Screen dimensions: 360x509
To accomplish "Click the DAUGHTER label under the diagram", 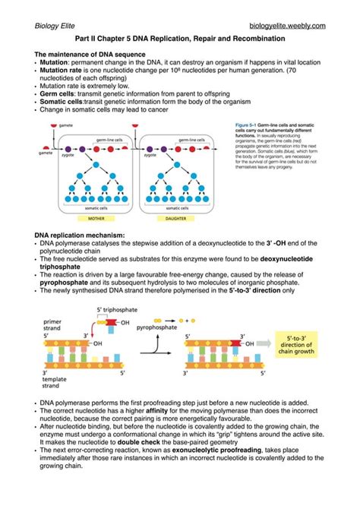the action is (x=175, y=217).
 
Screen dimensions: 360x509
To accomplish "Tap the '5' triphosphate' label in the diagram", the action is (x=111, y=310).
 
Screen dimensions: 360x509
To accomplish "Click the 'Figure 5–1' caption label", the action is (x=243, y=124).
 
